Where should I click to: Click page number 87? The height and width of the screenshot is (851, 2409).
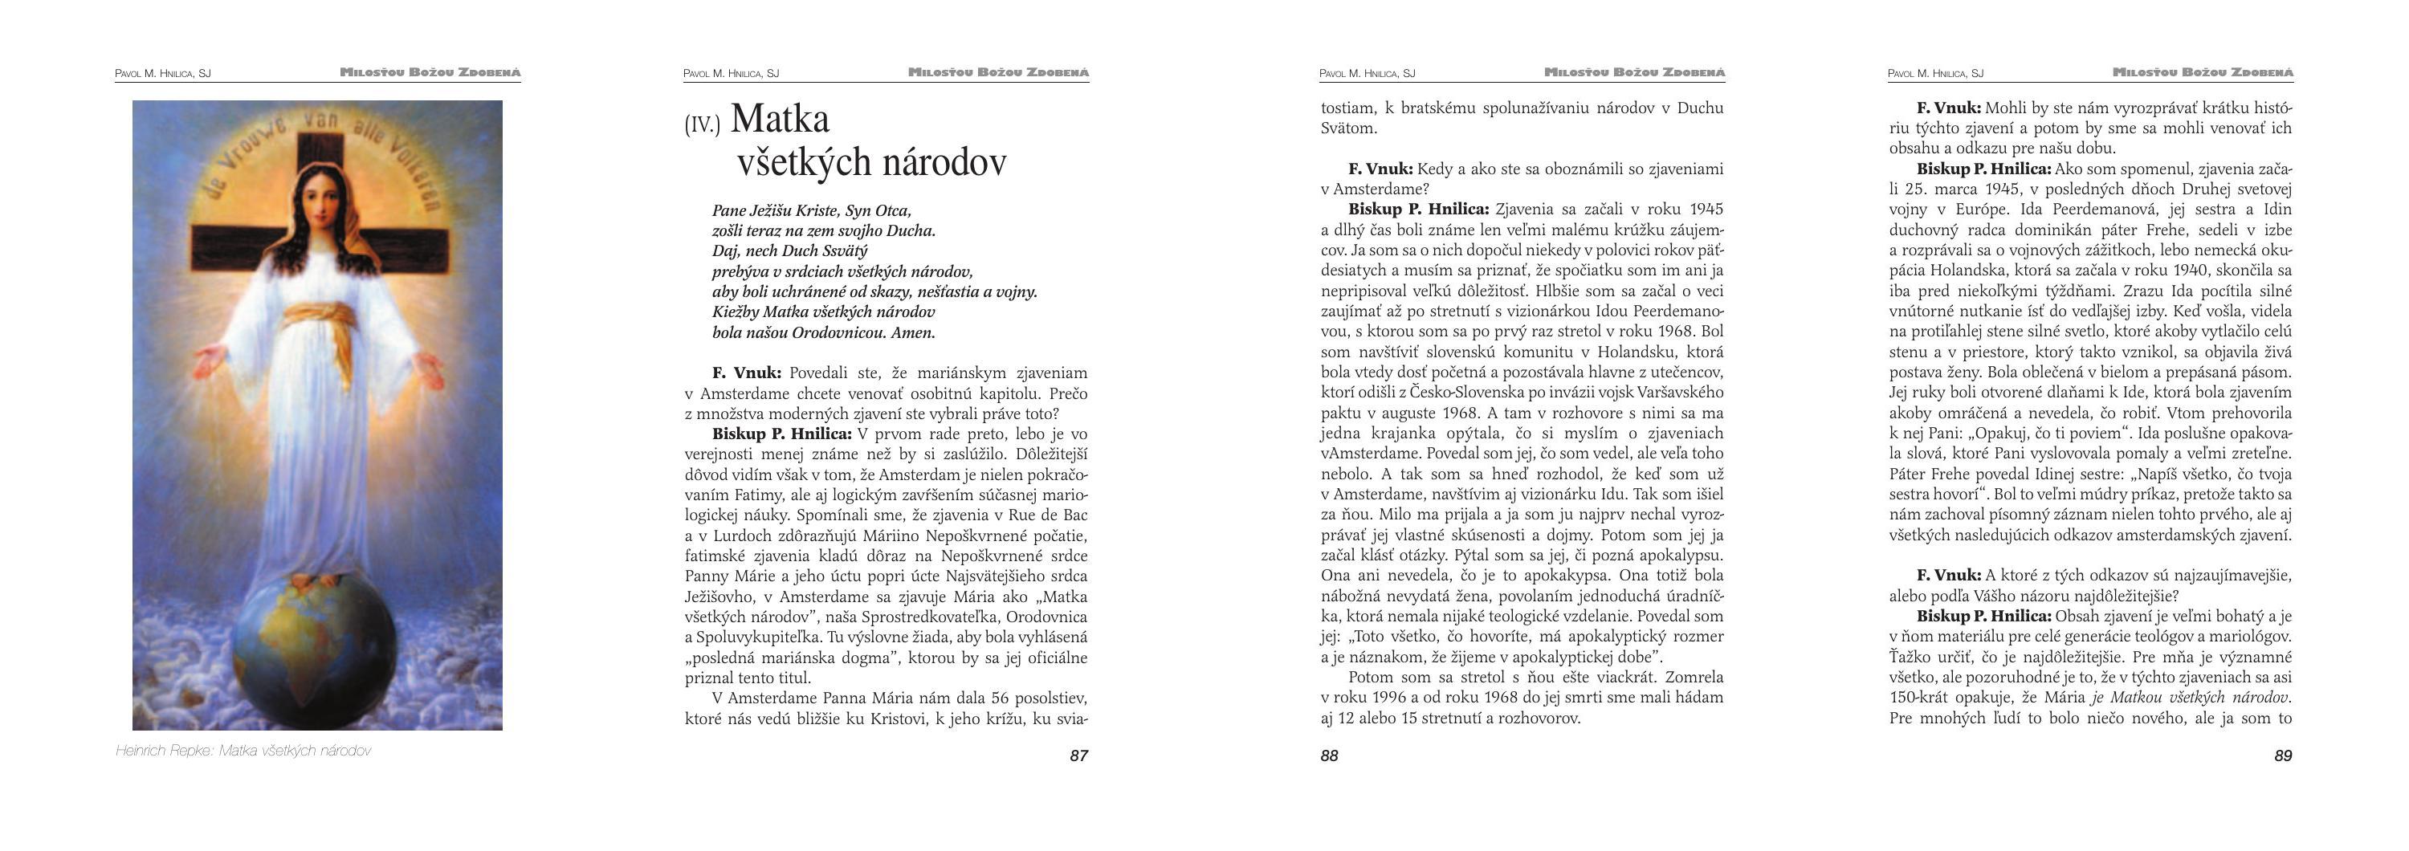pyautogui.click(x=1078, y=755)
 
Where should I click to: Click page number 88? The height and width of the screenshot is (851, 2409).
pyautogui.click(x=1329, y=755)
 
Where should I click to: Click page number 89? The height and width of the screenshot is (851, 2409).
pyautogui.click(x=2283, y=755)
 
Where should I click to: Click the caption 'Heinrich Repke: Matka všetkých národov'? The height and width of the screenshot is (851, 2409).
pyautogui.click(x=243, y=751)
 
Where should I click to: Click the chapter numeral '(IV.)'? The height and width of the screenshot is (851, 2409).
pyautogui.click(x=703, y=125)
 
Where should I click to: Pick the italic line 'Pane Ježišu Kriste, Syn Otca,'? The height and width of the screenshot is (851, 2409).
pyautogui.click(x=811, y=211)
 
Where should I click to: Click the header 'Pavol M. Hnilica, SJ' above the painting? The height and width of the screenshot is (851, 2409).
pyautogui.click(x=163, y=73)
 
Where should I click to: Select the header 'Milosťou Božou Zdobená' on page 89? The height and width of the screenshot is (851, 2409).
pyautogui.click(x=2203, y=72)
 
